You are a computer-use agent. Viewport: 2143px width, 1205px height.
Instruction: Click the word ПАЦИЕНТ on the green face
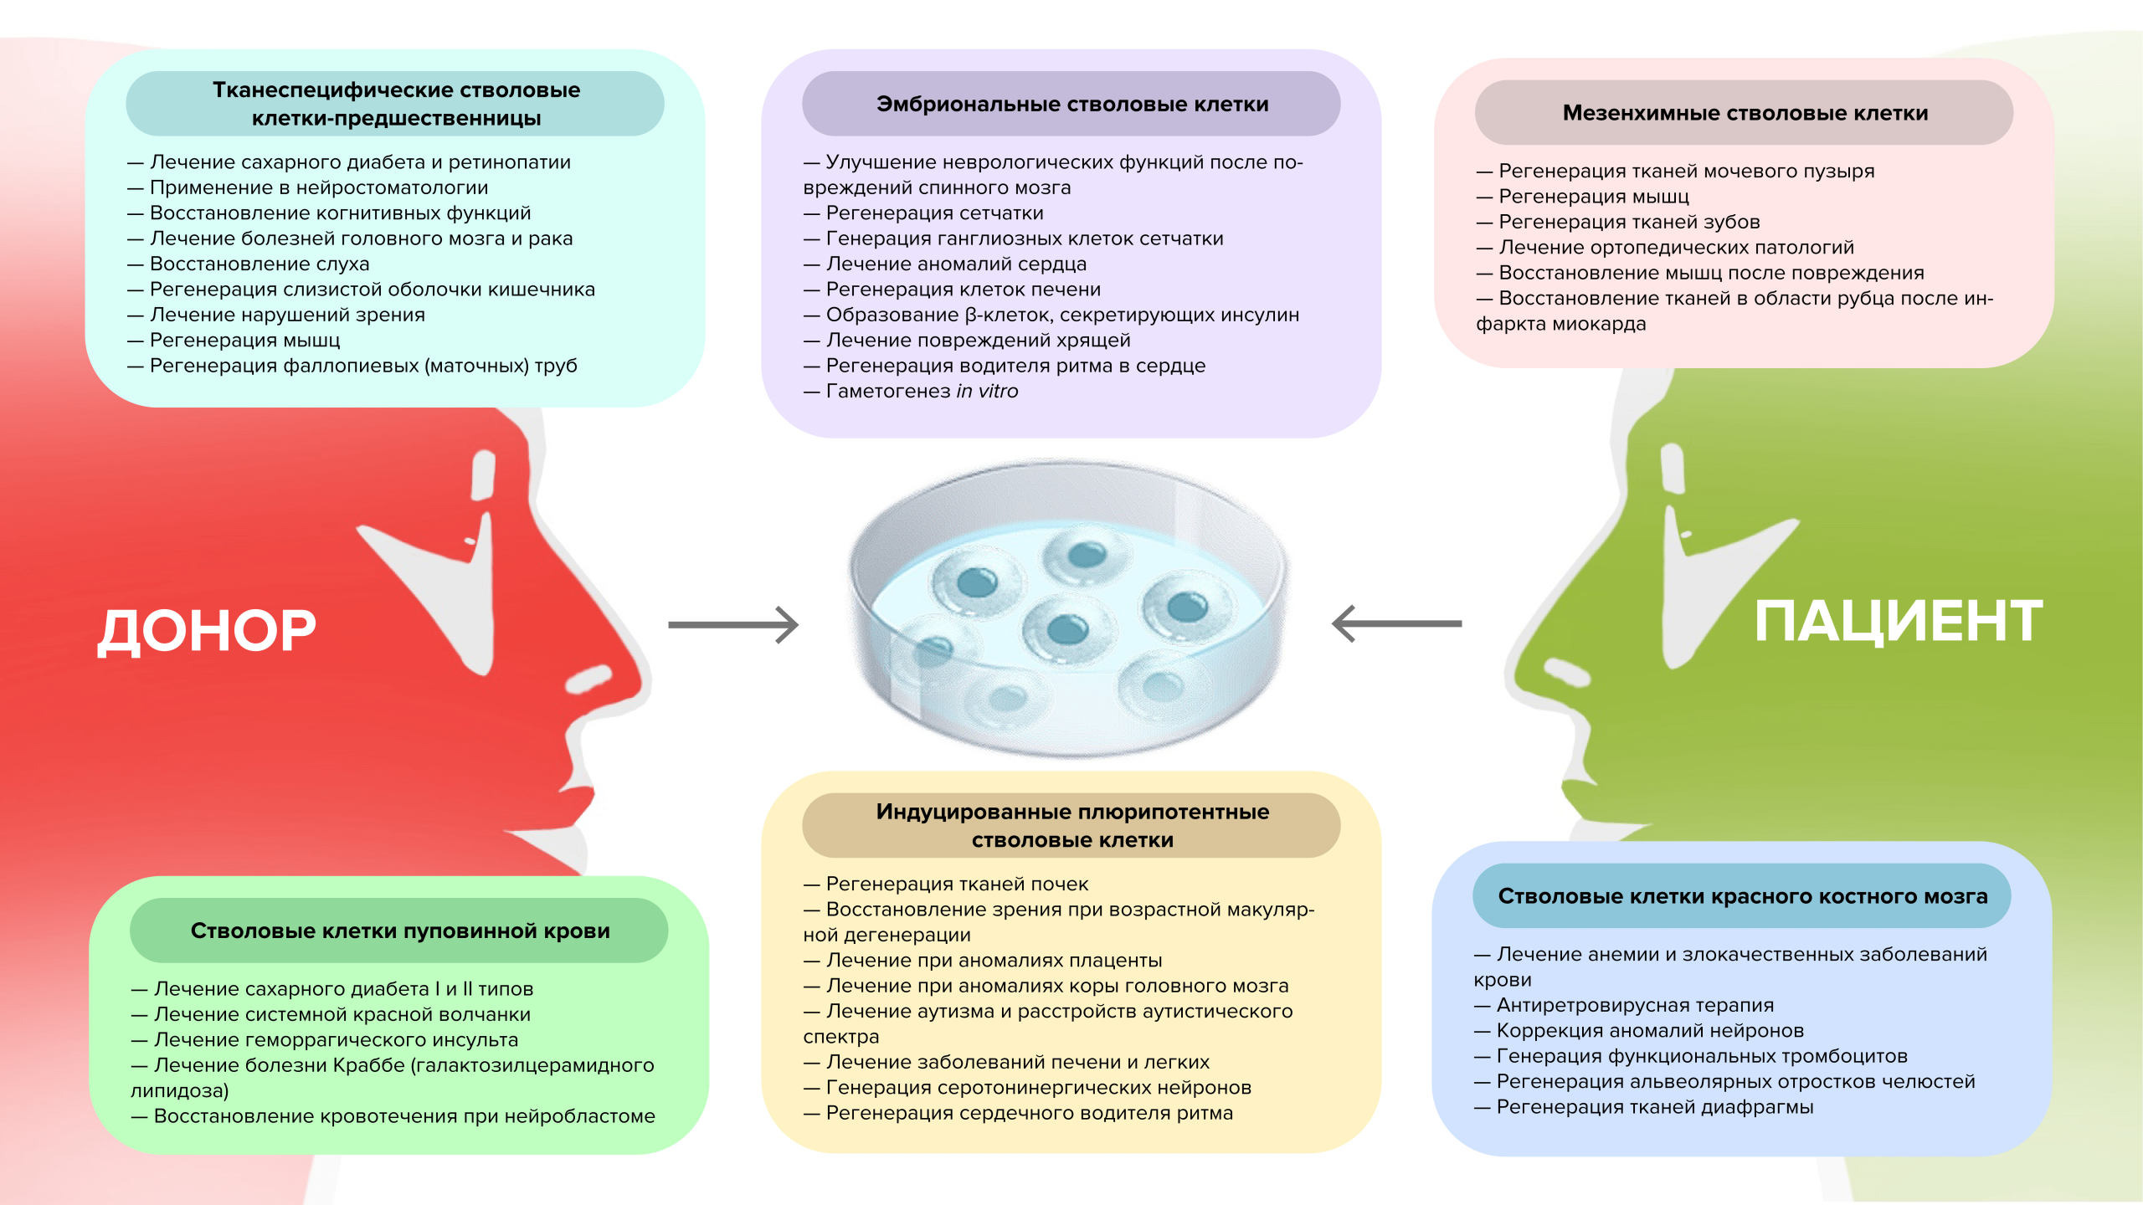1898,621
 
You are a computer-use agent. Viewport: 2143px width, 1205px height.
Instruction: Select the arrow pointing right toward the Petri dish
733,625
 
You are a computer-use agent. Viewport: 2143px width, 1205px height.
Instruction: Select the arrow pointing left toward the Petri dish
1396,623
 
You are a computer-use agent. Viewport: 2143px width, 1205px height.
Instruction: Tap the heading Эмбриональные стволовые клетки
1071,104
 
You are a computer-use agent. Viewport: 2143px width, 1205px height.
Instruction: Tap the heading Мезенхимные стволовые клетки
1745,113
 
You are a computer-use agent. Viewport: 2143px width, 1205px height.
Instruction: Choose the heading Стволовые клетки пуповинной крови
399,931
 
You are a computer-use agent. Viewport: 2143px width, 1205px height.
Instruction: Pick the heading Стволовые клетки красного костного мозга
1742,896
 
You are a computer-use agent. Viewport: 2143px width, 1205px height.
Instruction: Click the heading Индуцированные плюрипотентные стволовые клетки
1071,826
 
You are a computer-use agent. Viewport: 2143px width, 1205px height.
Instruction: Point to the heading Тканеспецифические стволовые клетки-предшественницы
395,104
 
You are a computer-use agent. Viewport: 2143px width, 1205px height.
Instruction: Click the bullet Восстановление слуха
260,264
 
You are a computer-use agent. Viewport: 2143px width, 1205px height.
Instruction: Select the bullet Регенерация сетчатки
934,213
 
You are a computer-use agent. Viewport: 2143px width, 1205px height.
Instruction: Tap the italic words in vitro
987,392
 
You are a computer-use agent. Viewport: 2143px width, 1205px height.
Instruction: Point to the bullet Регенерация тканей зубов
1628,223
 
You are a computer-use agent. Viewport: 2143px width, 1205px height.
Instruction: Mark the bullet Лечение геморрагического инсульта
336,1040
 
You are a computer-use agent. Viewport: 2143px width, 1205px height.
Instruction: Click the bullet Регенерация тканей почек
957,885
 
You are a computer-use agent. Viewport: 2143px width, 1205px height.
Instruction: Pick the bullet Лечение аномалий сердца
956,264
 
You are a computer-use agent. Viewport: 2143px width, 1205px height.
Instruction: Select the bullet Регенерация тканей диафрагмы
1654,1108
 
